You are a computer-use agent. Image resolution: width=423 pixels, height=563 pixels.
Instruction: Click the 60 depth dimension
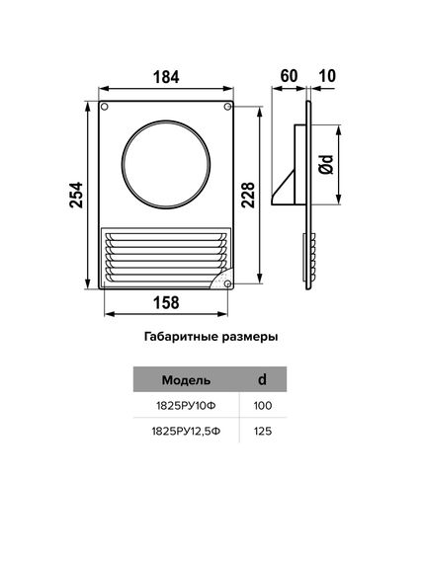coord(289,75)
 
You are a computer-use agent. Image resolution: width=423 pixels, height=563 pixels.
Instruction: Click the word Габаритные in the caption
coord(174,336)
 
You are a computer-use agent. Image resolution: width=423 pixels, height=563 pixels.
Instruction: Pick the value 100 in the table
coord(262,406)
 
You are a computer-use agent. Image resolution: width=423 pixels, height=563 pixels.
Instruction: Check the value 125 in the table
coord(262,432)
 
